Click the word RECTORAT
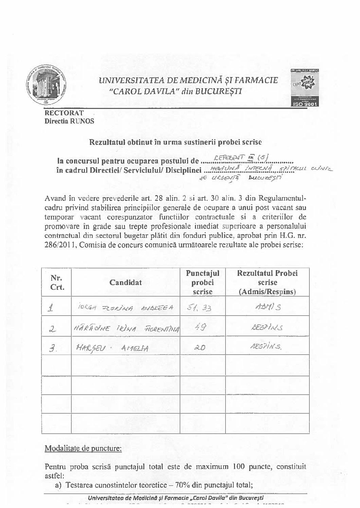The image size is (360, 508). pyautogui.click(x=64, y=113)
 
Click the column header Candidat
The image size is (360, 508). pyautogui.click(x=126, y=282)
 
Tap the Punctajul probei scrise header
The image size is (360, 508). pyautogui.click(x=202, y=282)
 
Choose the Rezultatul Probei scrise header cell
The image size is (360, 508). pyautogui.click(x=267, y=282)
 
